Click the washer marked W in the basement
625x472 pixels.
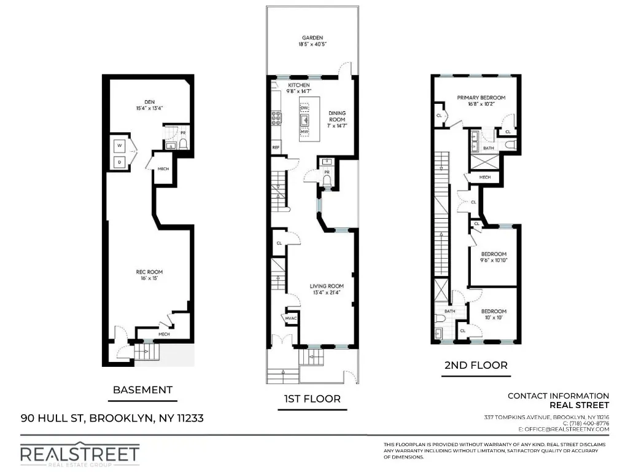point(119,146)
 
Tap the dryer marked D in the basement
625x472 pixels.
point(119,162)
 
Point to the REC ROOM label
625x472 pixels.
point(149,272)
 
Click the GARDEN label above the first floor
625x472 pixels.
point(312,37)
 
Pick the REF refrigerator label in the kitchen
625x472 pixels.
point(276,147)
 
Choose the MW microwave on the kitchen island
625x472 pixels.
point(304,132)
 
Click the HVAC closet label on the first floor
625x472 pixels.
point(290,318)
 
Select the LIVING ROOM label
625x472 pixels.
point(326,286)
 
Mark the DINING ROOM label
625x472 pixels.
point(337,116)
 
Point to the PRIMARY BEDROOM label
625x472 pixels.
point(481,98)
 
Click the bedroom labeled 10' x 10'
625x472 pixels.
point(494,311)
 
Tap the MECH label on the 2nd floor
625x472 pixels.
point(485,177)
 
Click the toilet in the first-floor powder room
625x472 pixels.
point(327,180)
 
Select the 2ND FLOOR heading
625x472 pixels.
point(476,365)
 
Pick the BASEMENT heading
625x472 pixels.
point(142,389)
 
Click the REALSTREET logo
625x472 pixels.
point(80,454)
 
